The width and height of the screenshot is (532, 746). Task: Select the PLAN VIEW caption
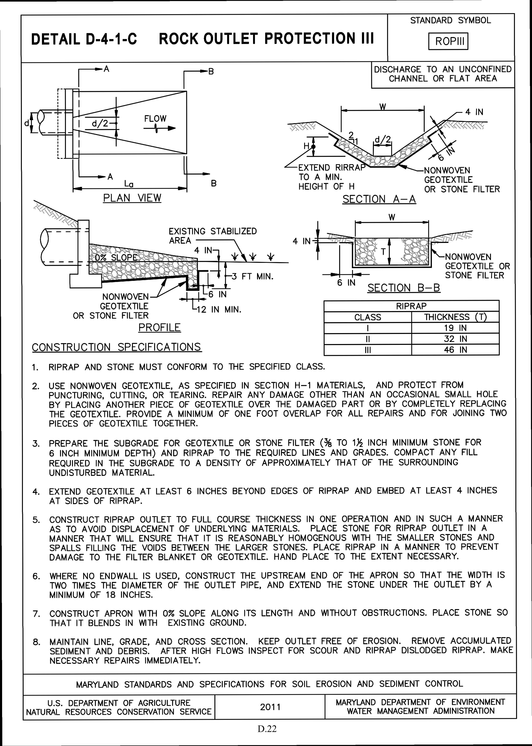tap(132, 198)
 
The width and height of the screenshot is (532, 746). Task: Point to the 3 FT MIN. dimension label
tap(252, 276)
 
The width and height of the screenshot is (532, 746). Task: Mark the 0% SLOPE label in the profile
tap(116, 257)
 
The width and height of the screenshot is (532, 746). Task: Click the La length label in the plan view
tap(129, 185)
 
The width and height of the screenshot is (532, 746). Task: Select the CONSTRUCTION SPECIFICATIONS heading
tap(117, 347)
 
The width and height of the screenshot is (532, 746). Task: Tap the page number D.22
tap(267, 729)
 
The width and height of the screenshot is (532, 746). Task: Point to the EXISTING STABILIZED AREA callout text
tap(212, 236)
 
